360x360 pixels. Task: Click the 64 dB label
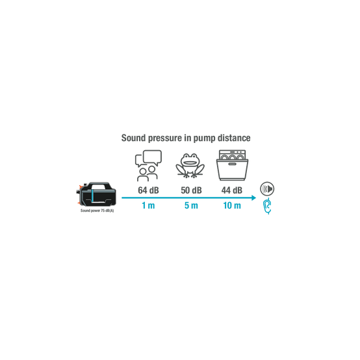[148, 190]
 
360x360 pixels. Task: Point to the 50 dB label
[191, 190]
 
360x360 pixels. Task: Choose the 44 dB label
[232, 190]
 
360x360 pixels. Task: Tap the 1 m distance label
[148, 205]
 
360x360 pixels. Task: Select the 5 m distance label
[191, 205]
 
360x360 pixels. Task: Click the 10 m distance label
[232, 205]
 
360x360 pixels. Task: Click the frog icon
[190, 166]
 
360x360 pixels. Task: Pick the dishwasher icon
[233, 165]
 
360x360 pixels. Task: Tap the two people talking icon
[148, 166]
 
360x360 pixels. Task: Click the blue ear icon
[268, 206]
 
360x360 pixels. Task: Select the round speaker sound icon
[267, 189]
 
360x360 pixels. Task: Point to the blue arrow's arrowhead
[254, 198]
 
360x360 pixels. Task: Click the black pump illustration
[96, 195]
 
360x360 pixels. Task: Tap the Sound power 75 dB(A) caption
[97, 211]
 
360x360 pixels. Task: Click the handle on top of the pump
[99, 185]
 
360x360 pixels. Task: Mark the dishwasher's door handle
[232, 164]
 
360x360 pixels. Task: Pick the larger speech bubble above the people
[152, 157]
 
